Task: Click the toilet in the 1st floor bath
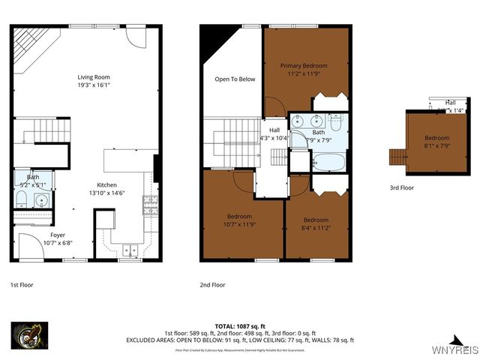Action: point(22,199)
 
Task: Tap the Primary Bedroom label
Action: point(303,66)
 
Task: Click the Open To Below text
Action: point(235,79)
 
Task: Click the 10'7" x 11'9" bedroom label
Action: point(241,217)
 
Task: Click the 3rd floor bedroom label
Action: point(436,138)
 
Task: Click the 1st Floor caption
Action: point(22,285)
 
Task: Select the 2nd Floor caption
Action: point(213,285)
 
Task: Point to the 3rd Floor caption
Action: point(401,188)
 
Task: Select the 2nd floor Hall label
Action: point(274,130)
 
